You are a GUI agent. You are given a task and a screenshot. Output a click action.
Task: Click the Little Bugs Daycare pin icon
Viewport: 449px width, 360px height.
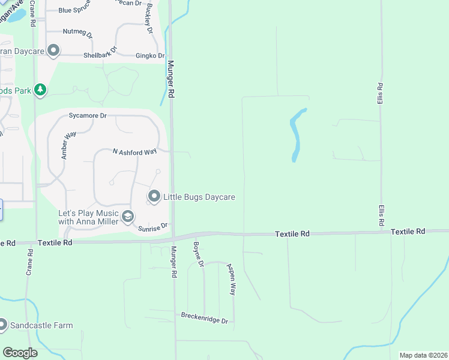[154, 196]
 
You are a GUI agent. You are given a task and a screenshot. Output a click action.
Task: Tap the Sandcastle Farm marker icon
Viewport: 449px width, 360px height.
[2, 325]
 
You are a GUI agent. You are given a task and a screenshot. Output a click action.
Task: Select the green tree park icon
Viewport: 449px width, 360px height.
[40, 90]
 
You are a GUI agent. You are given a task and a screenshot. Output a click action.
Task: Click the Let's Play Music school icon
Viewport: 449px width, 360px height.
[127, 217]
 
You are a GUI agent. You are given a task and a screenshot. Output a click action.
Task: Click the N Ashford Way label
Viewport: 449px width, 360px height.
[135, 152]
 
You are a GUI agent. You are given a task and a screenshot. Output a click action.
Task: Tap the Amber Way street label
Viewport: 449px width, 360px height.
[68, 145]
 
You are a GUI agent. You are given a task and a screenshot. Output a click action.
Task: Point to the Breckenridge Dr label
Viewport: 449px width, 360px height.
[205, 317]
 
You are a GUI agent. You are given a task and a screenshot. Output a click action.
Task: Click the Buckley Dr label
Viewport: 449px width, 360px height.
[148, 21]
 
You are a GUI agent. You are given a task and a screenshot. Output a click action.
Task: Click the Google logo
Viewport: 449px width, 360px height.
[20, 353]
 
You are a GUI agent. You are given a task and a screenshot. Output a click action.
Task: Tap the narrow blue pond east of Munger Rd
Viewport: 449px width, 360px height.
[297, 135]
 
